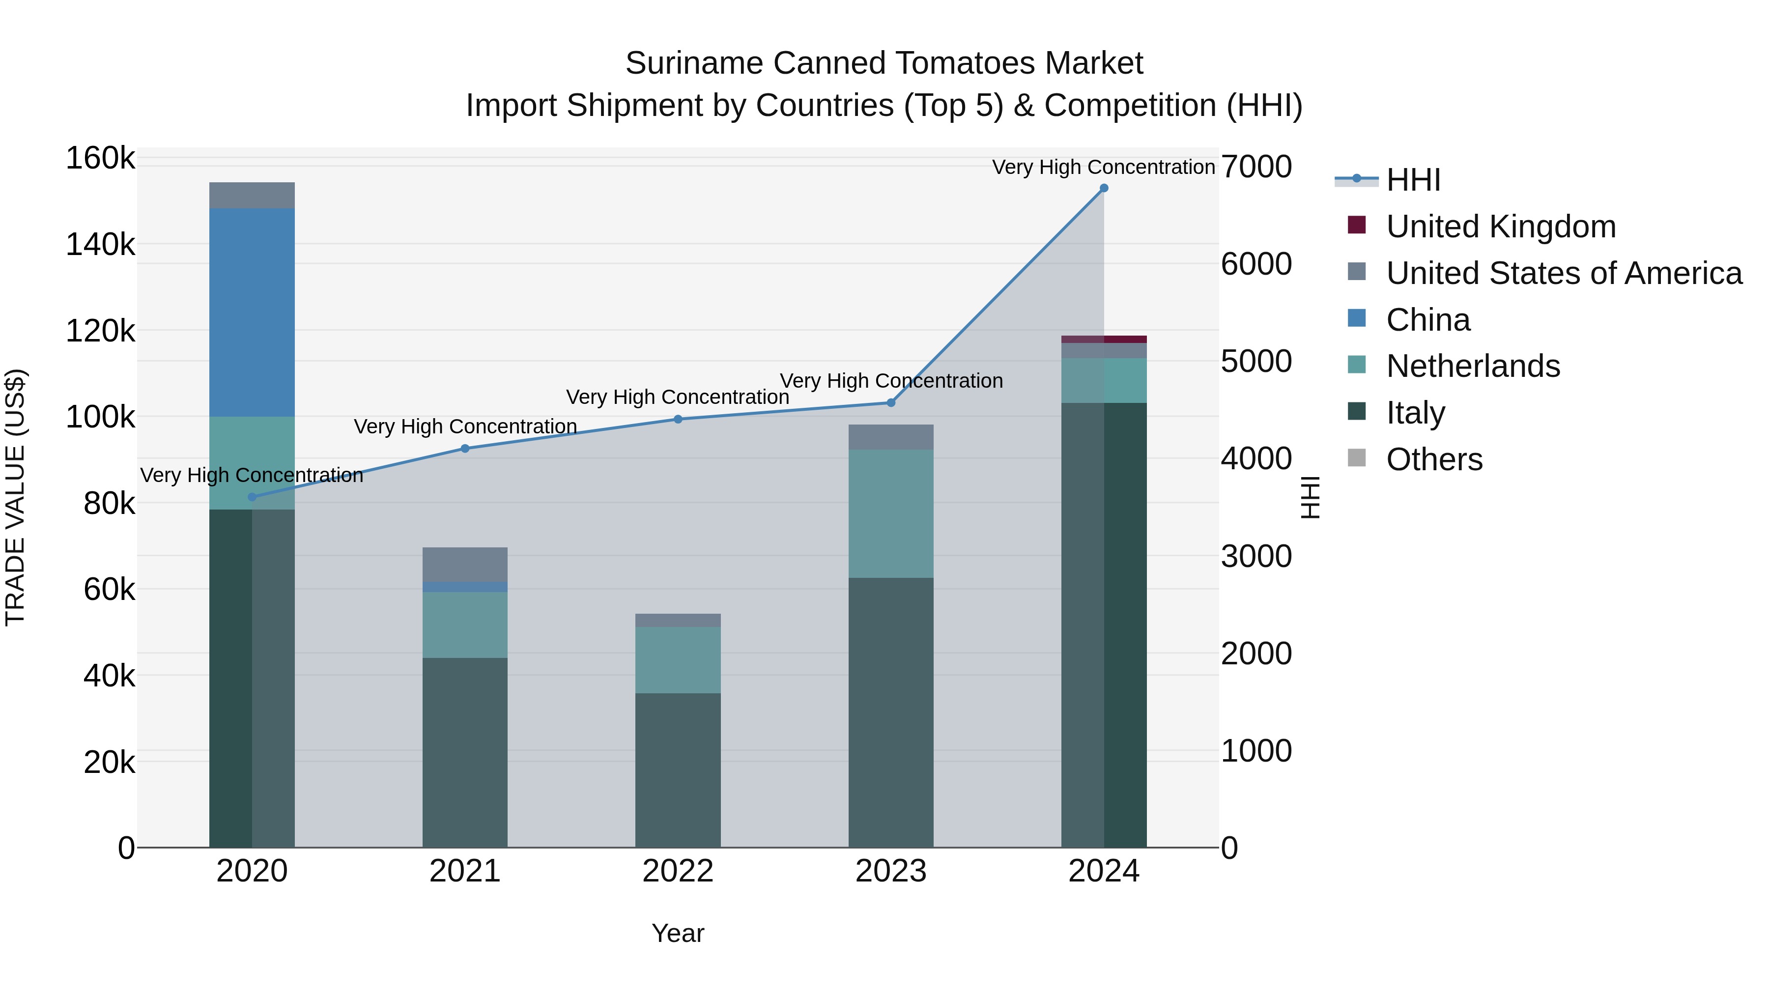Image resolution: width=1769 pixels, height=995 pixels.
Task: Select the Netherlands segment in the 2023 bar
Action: [x=891, y=513]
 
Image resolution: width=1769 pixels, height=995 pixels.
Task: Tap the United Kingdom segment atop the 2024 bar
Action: [x=1104, y=339]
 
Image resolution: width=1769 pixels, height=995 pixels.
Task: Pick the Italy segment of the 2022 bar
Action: [x=678, y=769]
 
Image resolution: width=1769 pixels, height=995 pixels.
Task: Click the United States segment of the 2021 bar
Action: [x=465, y=565]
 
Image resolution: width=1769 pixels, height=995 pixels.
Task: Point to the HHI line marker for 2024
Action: [x=1104, y=188]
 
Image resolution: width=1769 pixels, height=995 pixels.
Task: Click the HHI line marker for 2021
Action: [x=465, y=449]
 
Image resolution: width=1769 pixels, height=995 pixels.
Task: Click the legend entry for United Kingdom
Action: [x=1501, y=227]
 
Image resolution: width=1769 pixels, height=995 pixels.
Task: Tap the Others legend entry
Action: [x=1434, y=459]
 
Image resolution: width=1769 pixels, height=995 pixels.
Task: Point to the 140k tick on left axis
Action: [x=100, y=245]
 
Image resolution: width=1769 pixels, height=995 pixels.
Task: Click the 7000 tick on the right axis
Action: [x=1256, y=167]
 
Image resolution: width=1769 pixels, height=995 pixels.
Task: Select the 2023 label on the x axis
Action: [x=891, y=871]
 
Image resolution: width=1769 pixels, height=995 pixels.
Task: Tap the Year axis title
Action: [x=678, y=933]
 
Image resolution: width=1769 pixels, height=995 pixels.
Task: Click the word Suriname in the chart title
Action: [x=693, y=63]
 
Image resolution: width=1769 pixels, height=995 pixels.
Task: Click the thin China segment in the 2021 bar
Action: [x=465, y=587]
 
